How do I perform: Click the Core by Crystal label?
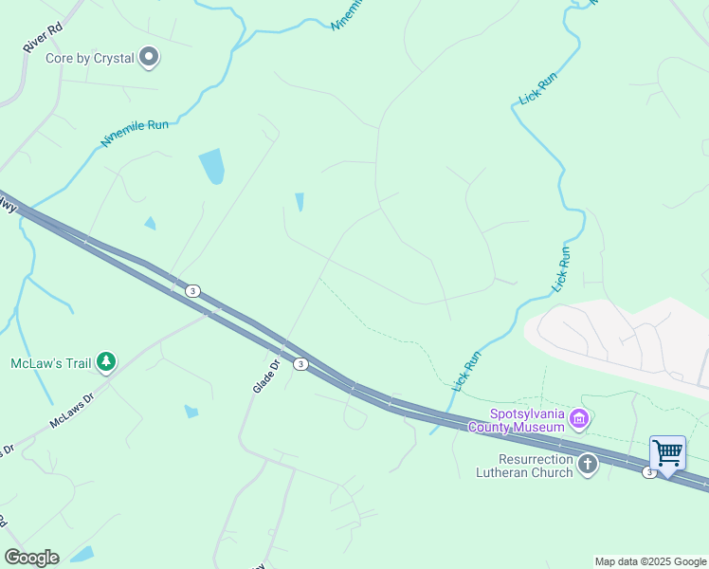tap(90, 59)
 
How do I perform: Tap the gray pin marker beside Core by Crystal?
tap(149, 59)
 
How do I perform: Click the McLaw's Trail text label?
tap(51, 363)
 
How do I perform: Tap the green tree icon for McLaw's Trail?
tap(107, 362)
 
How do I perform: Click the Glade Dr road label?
tap(266, 376)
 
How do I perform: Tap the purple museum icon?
tap(580, 417)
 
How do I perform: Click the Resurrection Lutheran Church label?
tap(524, 465)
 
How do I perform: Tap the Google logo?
tap(31, 557)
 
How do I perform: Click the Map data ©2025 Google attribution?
tap(650, 561)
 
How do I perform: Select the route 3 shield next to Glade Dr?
tap(300, 364)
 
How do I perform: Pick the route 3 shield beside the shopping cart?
tap(649, 472)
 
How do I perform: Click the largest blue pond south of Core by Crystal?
tap(211, 166)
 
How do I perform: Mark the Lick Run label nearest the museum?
tap(467, 371)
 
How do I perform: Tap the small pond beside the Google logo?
tap(82, 554)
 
